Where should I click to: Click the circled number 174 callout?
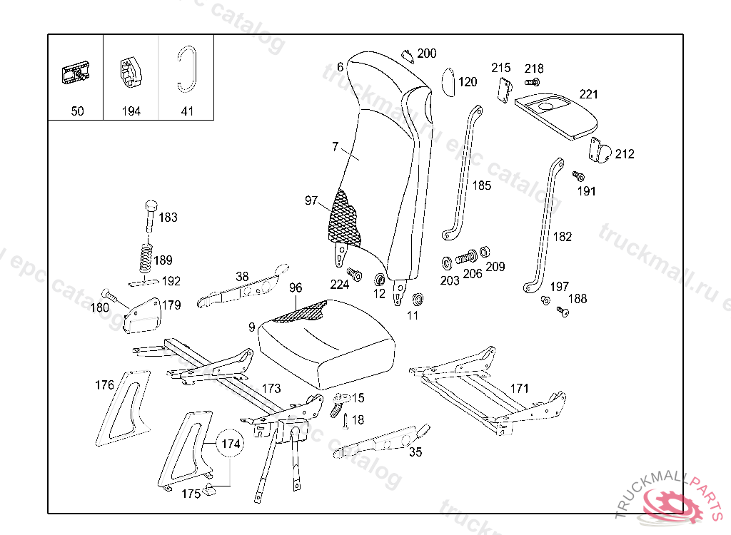click(230, 444)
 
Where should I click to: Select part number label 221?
click(589, 94)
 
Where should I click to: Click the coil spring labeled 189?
click(145, 258)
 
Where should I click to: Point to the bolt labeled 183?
click(151, 213)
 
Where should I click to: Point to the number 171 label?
click(519, 388)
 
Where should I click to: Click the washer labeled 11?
click(418, 297)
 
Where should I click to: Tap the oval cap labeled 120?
click(448, 82)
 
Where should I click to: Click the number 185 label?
click(482, 185)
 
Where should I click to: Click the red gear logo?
click(673, 504)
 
